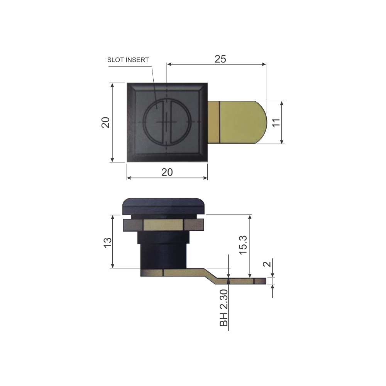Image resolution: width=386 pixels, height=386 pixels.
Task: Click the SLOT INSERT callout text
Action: point(128,60)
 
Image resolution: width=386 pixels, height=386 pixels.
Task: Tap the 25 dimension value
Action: point(220,59)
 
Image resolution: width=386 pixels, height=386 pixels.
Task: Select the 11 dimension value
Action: point(276,122)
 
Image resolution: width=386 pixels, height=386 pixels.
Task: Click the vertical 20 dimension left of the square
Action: point(105,122)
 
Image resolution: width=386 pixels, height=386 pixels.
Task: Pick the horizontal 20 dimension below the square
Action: point(167,172)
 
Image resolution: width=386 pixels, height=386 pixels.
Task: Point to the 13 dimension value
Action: point(108,243)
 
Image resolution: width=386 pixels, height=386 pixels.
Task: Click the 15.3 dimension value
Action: point(243,245)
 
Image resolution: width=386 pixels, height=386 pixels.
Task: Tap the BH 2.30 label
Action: point(224,308)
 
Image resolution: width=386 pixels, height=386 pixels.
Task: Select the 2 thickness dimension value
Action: point(267,264)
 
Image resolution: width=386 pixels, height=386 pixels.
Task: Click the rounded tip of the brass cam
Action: point(263,122)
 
